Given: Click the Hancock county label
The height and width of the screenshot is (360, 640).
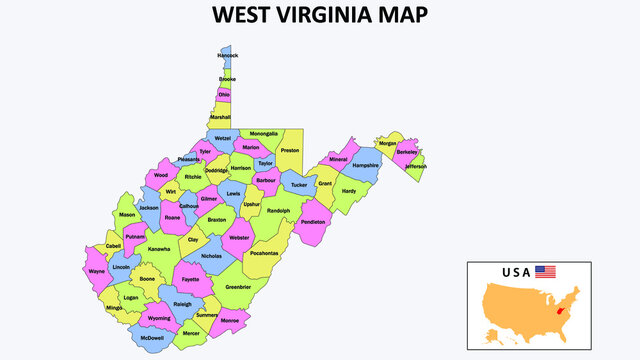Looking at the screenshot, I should (228, 55).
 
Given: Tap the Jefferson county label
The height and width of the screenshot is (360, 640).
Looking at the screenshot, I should (415, 166).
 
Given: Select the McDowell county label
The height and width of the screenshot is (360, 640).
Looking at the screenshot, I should (153, 337).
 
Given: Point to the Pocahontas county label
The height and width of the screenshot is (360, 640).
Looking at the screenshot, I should (265, 253).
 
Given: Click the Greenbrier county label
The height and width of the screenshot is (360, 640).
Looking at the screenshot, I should (238, 287).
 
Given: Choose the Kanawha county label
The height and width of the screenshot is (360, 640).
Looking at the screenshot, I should (159, 249).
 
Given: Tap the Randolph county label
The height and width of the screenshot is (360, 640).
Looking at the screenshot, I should (278, 211).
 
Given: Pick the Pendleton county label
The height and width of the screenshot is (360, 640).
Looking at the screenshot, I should (313, 222).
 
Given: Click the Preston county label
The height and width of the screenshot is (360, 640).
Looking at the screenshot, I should (290, 150).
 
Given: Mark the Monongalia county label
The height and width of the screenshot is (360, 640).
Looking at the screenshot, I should (264, 133).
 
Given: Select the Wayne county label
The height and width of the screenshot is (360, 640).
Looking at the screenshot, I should (96, 271).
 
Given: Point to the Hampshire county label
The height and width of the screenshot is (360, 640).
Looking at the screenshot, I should (366, 165).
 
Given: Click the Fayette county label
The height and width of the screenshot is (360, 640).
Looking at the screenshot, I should (190, 280).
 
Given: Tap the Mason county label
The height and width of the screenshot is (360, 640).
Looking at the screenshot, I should (127, 214).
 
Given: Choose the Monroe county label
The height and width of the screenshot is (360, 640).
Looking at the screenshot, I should (229, 320).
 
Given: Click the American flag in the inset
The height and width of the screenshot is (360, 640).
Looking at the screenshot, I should (545, 271).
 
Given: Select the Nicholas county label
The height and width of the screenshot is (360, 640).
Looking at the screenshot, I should (212, 256).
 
